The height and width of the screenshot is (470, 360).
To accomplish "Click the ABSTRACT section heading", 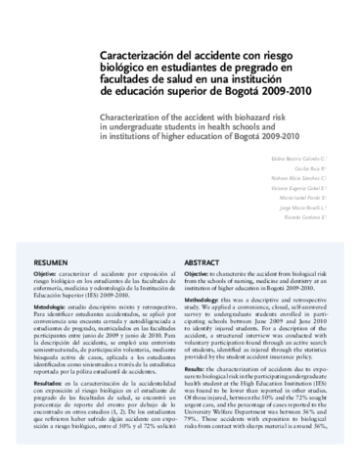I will click(x=206, y=264).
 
